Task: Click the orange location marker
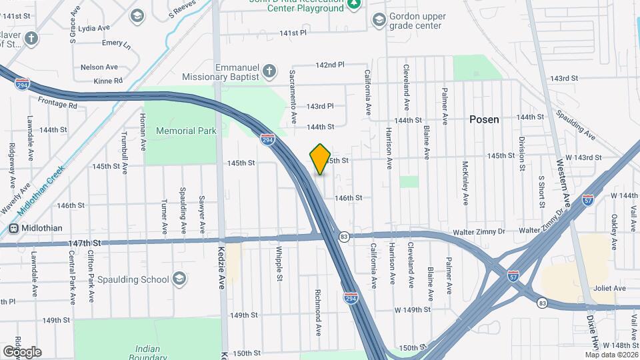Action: pos(321,159)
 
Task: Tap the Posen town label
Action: pos(484,119)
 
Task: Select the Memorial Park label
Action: pos(186,131)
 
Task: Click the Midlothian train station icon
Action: pos(13,228)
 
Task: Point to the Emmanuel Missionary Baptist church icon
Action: pos(269,71)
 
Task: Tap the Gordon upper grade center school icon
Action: pos(379,20)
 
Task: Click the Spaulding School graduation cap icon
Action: pos(179,278)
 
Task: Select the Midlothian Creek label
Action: pos(41,189)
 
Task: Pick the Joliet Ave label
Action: pos(610,288)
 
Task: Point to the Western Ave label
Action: pos(562,183)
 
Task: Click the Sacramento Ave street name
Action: pos(293,96)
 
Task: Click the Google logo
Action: pos(21,351)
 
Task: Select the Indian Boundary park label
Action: pos(147,351)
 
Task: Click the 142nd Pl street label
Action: pos(329,65)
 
